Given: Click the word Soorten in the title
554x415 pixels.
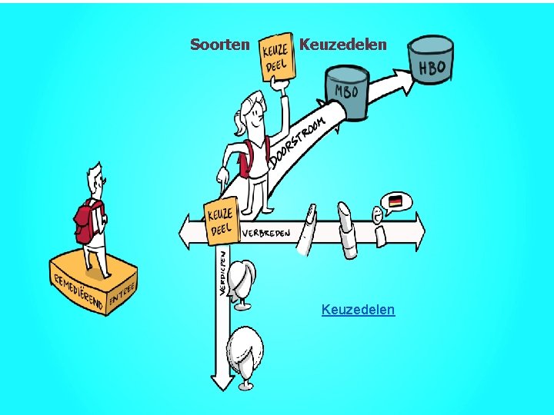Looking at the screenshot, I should [219, 45].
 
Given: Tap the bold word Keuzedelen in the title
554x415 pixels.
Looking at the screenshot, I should [342, 45].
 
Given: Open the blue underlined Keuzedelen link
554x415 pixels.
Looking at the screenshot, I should [358, 310].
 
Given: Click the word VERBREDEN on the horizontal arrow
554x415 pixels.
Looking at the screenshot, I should [267, 232].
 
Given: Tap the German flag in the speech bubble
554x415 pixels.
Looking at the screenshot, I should [395, 201].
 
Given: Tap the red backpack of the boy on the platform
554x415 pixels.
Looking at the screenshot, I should [87, 221].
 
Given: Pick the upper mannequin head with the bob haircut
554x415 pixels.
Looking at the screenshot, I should [243, 280].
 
